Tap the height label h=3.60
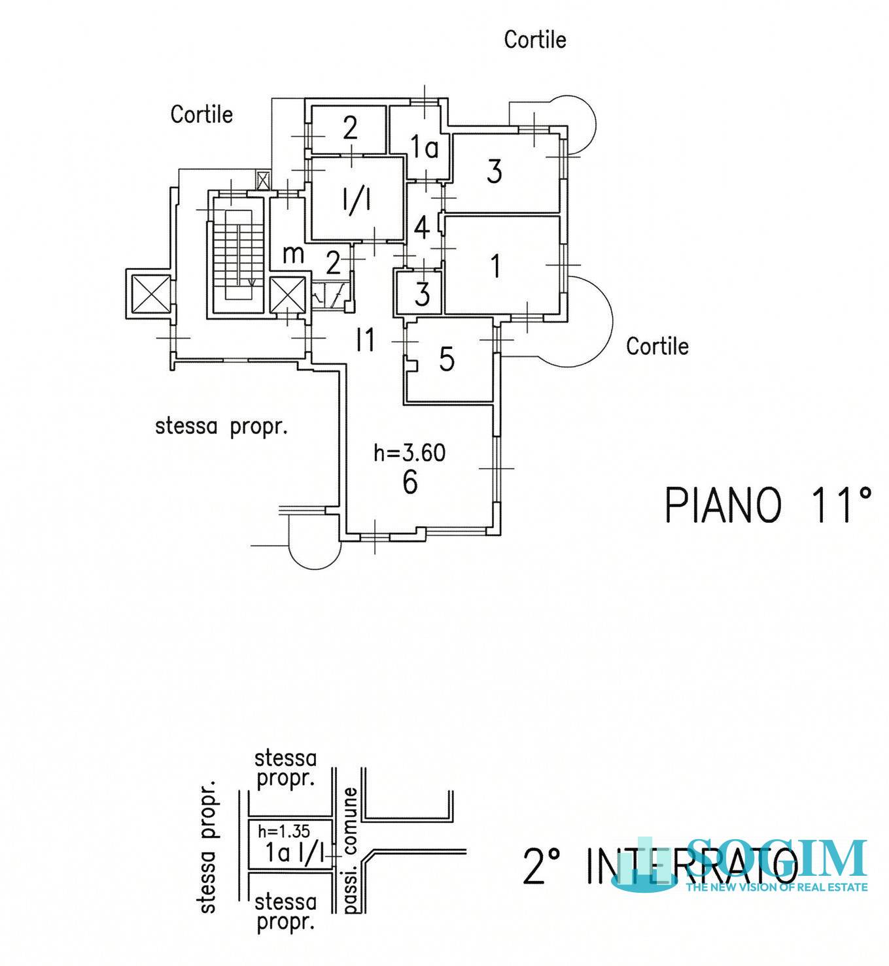410,453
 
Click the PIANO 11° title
769,505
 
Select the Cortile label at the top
534,39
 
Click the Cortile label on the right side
657,346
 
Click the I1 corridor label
365,341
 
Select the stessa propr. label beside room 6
221,427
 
